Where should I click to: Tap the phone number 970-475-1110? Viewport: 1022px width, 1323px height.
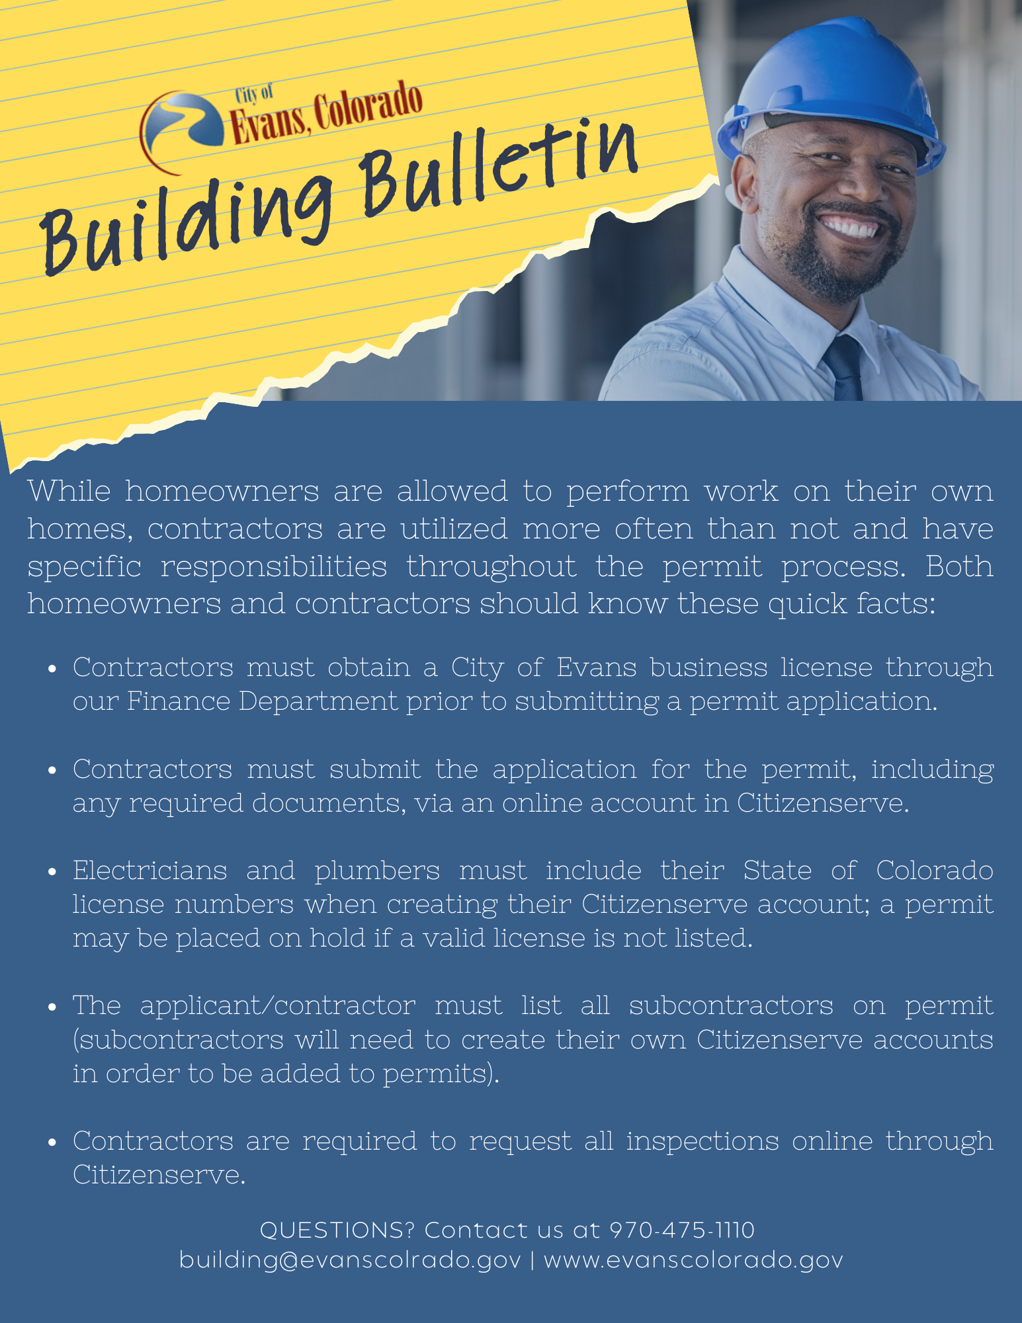[682, 1230]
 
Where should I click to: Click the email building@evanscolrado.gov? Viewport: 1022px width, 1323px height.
[350, 1260]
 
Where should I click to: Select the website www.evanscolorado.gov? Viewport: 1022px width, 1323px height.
[693, 1260]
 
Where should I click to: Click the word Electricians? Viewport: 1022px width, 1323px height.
[149, 871]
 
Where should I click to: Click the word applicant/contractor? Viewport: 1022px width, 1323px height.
[278, 1006]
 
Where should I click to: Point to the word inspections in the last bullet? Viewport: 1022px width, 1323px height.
[703, 1142]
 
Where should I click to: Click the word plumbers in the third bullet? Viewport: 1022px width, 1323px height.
[377, 871]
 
